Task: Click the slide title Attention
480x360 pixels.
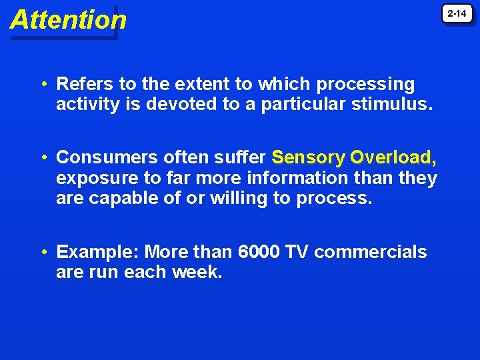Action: click(68, 20)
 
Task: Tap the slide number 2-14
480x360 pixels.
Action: click(457, 13)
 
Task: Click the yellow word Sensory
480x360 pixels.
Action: click(308, 157)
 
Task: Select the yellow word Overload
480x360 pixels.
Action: click(393, 157)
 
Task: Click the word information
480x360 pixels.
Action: click(288, 178)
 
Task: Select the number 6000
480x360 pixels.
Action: click(260, 252)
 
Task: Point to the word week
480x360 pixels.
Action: click(197, 272)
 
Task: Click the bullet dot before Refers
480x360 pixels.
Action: click(42, 85)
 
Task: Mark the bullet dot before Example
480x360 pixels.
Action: click(42, 253)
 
